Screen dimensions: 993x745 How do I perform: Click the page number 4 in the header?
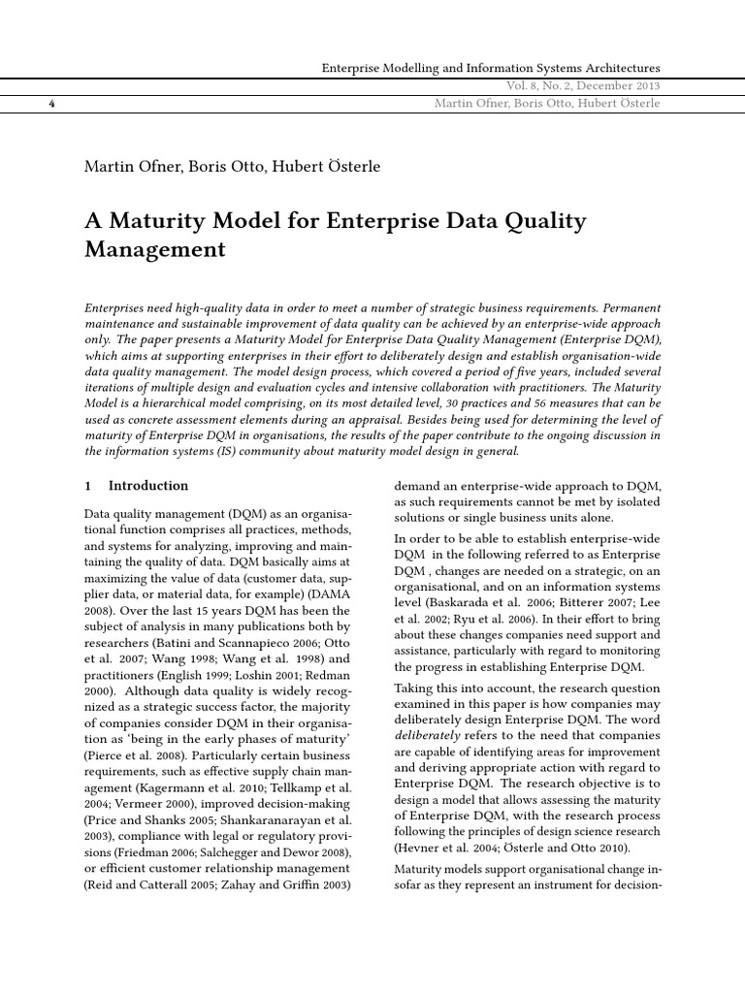click(49, 104)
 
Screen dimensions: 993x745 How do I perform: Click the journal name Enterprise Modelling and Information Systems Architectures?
click(490, 68)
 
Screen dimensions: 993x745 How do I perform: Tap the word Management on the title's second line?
click(155, 249)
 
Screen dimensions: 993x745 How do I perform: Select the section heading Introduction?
click(148, 486)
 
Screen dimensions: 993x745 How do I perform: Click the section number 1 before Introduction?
click(89, 486)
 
